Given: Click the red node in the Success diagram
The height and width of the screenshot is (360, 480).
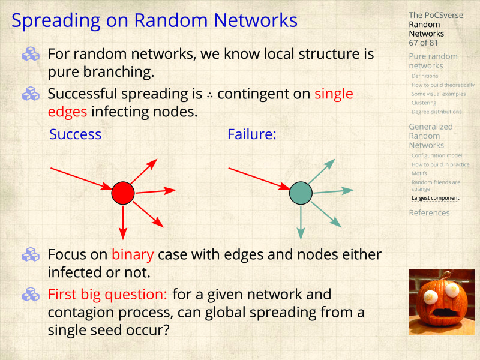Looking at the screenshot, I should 122,193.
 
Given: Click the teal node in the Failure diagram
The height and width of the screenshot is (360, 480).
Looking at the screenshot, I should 301,193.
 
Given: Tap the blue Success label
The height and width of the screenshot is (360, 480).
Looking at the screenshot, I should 75,134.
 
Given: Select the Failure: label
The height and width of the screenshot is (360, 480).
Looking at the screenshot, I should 251,134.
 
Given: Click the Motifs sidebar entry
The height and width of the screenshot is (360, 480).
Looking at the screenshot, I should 419,173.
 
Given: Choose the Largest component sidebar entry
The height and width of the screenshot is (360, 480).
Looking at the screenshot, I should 435,198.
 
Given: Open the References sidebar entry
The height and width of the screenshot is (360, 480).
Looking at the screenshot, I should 429,213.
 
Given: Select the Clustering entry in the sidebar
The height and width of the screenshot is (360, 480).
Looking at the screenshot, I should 424,103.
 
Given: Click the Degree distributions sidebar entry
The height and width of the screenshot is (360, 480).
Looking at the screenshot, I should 436,112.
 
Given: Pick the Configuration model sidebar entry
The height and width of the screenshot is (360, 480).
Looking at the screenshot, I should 436,155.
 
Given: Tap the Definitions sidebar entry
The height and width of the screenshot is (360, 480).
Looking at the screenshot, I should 425,76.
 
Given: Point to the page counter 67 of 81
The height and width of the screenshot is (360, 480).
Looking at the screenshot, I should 424,43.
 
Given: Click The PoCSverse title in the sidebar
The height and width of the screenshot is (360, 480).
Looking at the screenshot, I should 436,15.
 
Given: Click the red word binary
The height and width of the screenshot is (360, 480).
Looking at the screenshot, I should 133,254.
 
